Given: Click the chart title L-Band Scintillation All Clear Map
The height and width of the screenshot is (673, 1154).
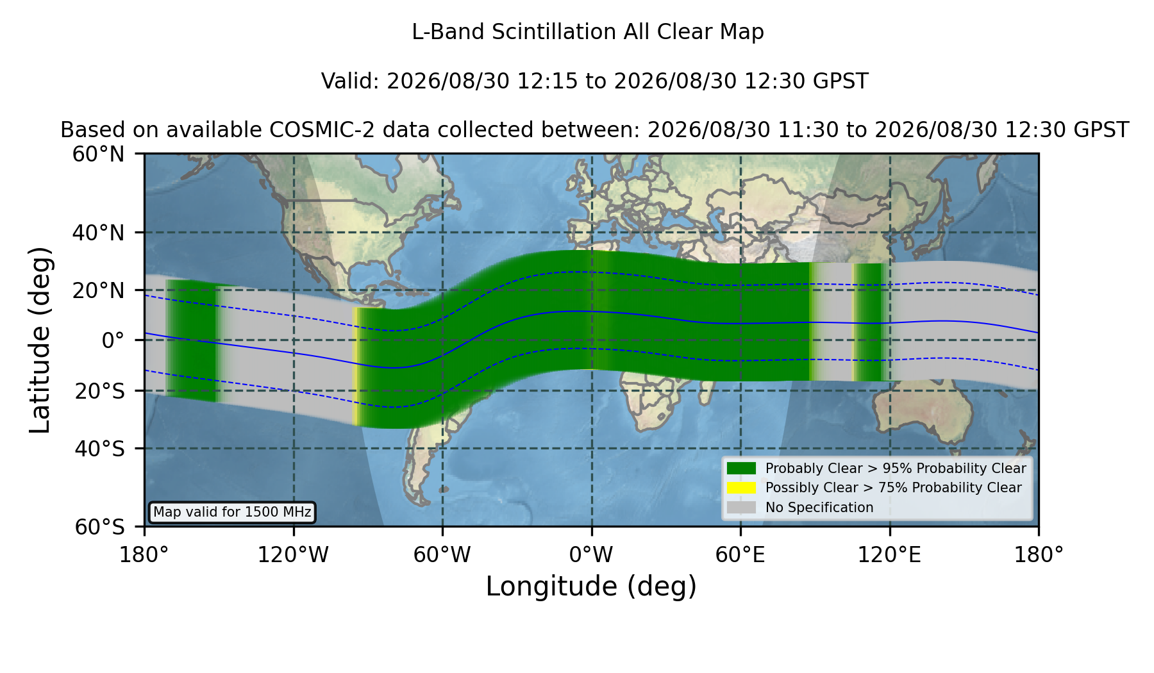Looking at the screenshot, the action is click(587, 32).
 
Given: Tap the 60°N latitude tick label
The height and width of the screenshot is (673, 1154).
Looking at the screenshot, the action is click(99, 154).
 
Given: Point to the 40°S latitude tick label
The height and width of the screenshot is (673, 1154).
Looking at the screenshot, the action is click(99, 449).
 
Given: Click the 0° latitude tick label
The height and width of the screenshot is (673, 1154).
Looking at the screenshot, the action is click(113, 340).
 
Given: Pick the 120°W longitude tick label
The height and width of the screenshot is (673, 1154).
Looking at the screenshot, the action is click(293, 554).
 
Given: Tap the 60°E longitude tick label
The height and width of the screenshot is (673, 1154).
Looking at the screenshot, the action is click(740, 554).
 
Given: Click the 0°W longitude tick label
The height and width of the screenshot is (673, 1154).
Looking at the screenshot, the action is click(591, 554).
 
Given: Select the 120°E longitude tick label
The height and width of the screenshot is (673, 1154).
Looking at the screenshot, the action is click(889, 554).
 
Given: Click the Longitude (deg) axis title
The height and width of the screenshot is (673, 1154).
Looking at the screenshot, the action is click(591, 586).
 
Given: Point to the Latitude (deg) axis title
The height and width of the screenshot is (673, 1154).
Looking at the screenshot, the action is click(40, 340).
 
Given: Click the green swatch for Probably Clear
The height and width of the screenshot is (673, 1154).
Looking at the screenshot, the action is click(741, 469).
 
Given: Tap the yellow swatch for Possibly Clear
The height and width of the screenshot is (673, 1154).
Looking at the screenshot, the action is click(741, 488).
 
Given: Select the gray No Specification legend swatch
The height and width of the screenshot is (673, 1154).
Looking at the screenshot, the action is click(741, 508).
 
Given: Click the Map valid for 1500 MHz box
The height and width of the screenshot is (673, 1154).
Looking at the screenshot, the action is click(232, 512).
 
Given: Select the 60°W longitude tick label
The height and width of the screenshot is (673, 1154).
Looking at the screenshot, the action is click(442, 554).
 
